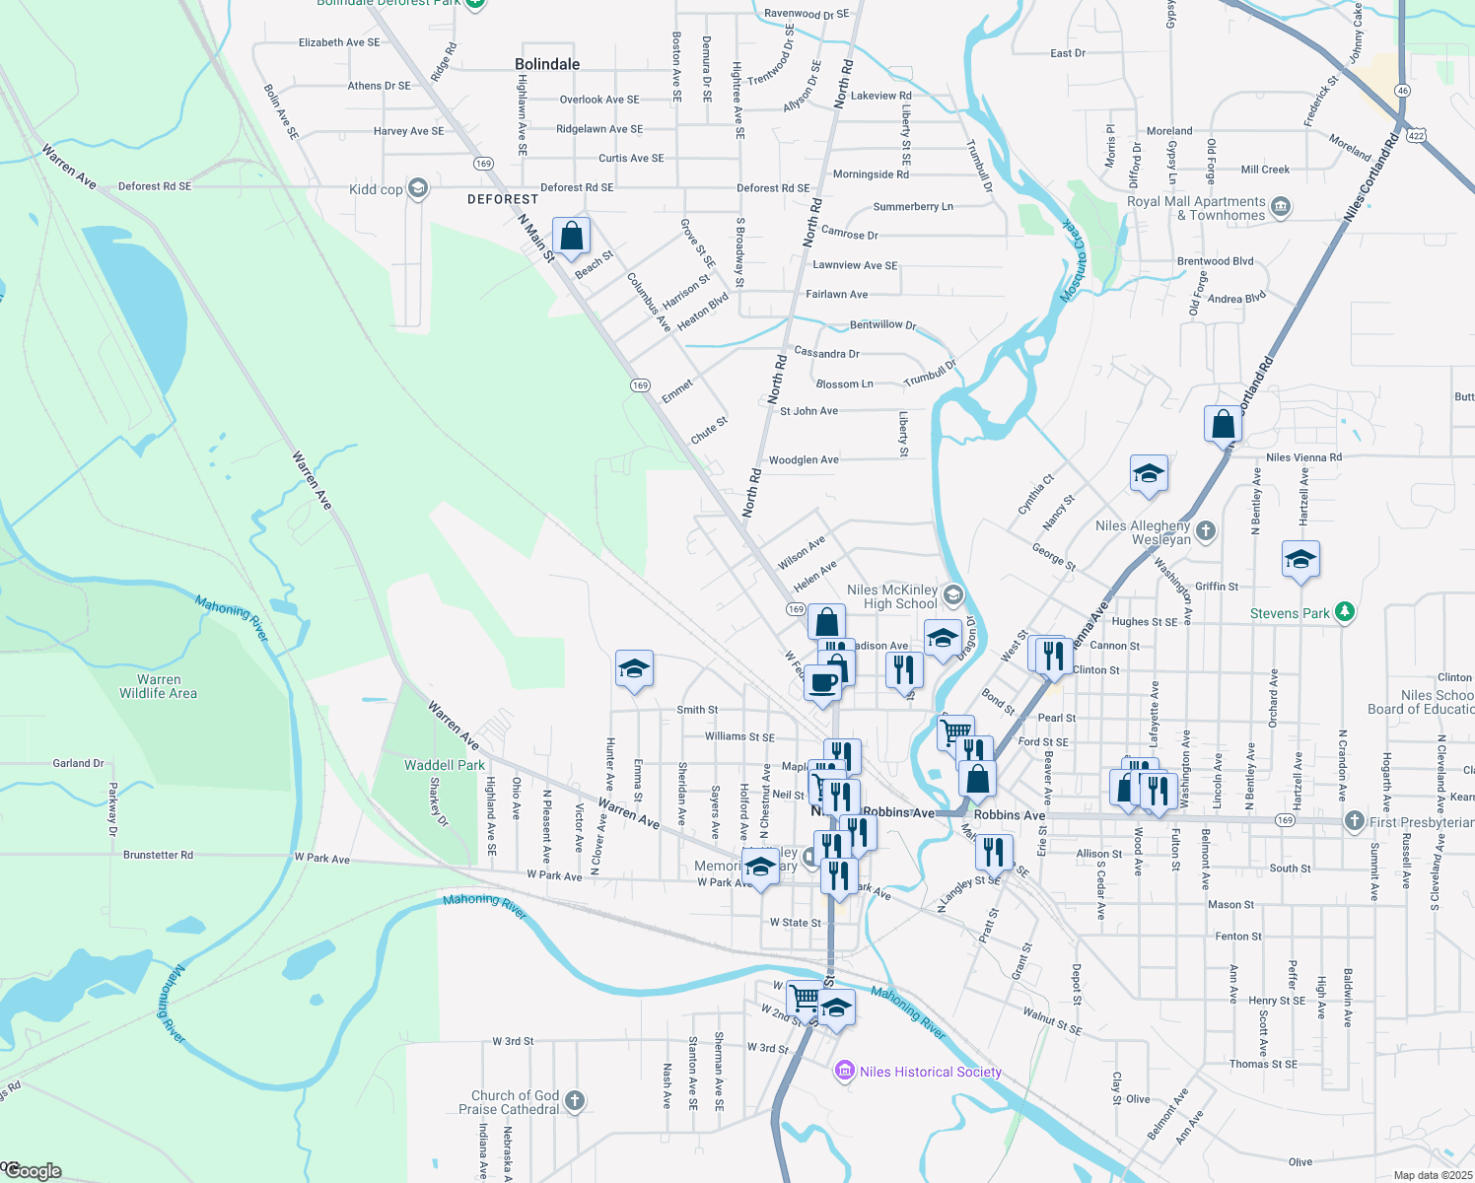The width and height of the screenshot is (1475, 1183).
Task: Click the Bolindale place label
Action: click(x=547, y=64)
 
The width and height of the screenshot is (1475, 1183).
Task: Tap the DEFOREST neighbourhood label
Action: click(x=503, y=199)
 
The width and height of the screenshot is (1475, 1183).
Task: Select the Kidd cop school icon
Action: click(x=418, y=188)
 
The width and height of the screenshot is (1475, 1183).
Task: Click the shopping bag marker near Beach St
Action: click(x=571, y=237)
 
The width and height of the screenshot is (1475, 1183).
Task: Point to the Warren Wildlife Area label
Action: click(x=159, y=686)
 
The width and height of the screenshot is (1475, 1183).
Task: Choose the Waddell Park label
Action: click(x=445, y=765)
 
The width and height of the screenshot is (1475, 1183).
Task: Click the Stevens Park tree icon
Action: click(x=1345, y=612)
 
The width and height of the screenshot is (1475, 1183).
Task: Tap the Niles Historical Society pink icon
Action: click(x=844, y=1072)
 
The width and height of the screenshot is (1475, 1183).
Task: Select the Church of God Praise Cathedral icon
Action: click(x=575, y=1100)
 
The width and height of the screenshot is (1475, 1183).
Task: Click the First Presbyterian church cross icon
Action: click(x=1355, y=821)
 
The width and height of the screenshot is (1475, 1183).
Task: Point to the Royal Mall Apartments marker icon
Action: click(x=1281, y=207)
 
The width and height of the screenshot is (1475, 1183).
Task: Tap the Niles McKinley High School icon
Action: click(x=952, y=594)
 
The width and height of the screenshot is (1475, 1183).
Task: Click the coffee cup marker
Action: click(x=823, y=682)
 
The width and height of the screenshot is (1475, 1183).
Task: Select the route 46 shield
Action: click(x=1402, y=91)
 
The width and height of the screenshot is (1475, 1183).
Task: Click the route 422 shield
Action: click(x=1417, y=135)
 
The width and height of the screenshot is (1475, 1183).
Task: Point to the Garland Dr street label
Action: click(x=79, y=763)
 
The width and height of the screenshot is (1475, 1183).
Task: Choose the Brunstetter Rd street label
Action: click(x=158, y=855)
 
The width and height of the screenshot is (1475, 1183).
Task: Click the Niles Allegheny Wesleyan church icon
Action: click(x=1206, y=531)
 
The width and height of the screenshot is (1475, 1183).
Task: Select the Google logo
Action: click(x=33, y=1171)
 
